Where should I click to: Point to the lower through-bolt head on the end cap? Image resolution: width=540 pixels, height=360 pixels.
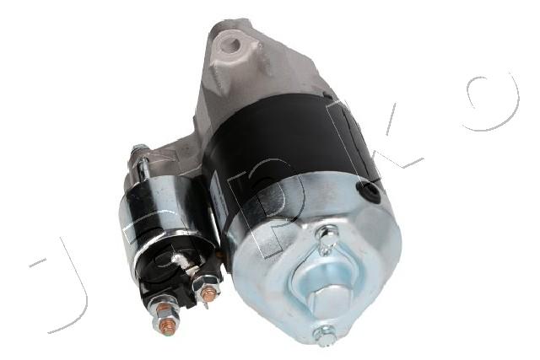[323, 333]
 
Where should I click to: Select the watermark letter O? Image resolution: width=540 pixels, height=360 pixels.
[493, 103]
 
